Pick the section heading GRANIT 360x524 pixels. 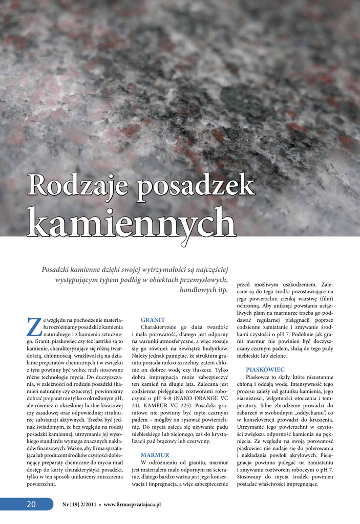pyautogui.click(x=153, y=320)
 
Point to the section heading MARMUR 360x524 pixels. pyautogui.click(x=155, y=454)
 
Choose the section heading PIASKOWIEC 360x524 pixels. pyautogui.click(x=265, y=369)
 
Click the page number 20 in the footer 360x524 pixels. pyautogui.click(x=31, y=505)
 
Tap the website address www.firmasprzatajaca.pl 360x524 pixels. pyautogui.click(x=132, y=505)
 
